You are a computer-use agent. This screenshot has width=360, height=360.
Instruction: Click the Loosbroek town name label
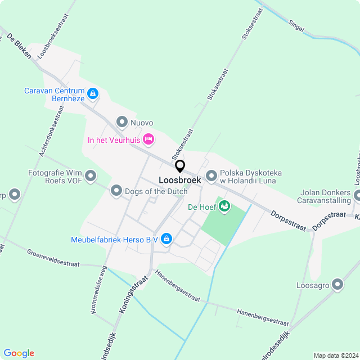[179, 180]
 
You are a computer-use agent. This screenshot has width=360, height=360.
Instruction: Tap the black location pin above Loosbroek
[180, 166]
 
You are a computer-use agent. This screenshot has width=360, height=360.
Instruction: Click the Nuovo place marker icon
[121, 121]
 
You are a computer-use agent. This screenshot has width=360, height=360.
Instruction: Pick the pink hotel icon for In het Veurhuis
[148, 138]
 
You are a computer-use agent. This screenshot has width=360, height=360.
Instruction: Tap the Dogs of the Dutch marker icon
[116, 191]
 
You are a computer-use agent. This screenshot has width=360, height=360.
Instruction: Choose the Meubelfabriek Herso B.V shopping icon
[166, 240]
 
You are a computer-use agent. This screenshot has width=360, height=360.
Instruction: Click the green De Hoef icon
[224, 206]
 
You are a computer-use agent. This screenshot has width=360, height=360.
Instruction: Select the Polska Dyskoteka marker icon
[211, 176]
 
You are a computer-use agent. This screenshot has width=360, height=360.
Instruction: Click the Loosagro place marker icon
[337, 285]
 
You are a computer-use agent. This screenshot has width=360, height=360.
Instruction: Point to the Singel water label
[296, 25]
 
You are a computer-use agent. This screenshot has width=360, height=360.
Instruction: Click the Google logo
[19, 353]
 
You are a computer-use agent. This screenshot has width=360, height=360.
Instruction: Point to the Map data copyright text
[335, 355]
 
